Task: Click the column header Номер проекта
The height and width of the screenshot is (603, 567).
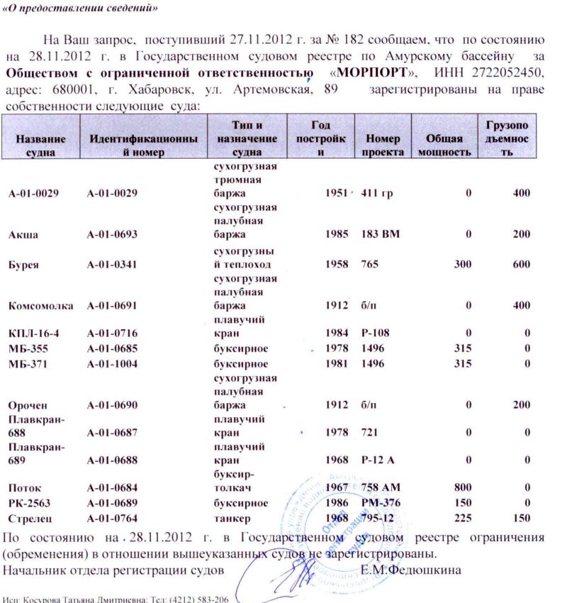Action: click(383, 145)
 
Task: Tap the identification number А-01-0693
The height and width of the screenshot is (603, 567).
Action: click(111, 234)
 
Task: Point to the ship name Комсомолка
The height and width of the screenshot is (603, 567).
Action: click(40, 306)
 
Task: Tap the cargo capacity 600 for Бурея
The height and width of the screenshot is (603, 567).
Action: click(522, 264)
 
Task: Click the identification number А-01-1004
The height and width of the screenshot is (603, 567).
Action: click(111, 363)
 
